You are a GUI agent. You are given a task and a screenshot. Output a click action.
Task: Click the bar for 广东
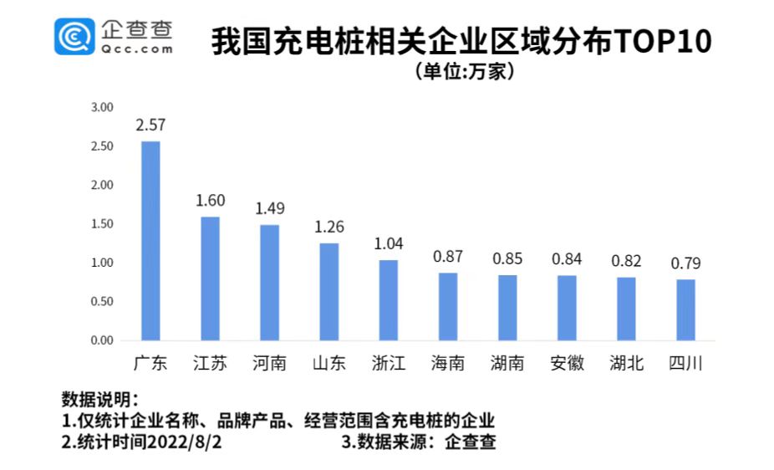[x=150, y=241]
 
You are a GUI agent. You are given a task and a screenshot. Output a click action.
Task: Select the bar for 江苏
[x=210, y=278]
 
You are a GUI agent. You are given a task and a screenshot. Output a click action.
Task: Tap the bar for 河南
[x=269, y=283]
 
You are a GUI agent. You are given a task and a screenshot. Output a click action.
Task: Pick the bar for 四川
[x=685, y=309]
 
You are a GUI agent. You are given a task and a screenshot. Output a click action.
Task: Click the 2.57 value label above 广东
[x=151, y=125]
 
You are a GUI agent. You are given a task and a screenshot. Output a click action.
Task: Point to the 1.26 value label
[x=328, y=227]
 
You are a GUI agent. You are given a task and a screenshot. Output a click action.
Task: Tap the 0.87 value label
[x=448, y=257]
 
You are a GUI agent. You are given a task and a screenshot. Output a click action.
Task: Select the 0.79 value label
[x=685, y=263]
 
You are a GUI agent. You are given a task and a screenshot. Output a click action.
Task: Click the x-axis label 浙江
[x=388, y=364]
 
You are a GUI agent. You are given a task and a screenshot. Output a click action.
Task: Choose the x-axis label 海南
[x=448, y=364]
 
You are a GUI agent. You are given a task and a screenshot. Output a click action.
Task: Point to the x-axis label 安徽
[x=567, y=364]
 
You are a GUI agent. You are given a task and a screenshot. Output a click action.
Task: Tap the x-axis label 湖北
[x=626, y=364]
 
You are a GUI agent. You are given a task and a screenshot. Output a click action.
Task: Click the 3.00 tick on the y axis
[x=102, y=107]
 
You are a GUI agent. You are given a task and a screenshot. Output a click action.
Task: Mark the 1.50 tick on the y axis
[x=102, y=224]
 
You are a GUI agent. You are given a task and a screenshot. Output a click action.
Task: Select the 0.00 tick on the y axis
[x=102, y=340]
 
